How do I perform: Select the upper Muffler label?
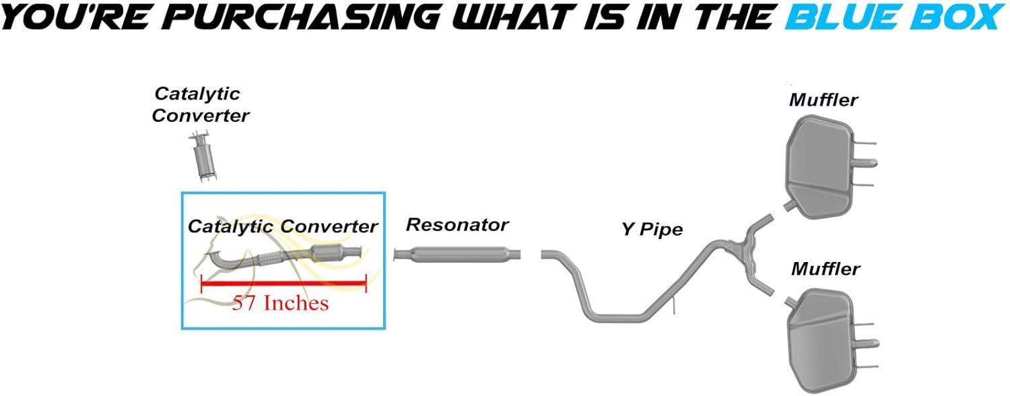pos(823,100)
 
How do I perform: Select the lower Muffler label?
pos(825,269)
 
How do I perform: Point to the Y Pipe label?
pos(651,230)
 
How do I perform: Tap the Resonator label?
pos(457,224)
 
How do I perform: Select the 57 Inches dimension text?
pos(280,303)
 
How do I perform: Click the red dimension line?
pos(283,284)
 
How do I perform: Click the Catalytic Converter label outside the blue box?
pos(199,104)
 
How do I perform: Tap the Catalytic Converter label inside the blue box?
pos(282,226)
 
